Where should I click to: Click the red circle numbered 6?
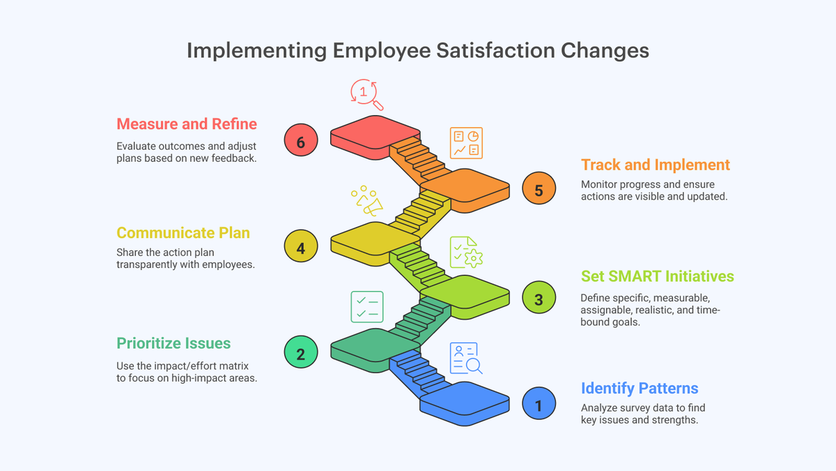[x=301, y=140]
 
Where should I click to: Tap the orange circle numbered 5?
[x=539, y=188]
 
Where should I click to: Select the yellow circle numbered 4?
[x=301, y=246]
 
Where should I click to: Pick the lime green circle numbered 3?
[x=539, y=297]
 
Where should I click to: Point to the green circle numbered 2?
[x=301, y=352]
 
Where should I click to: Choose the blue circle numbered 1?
[x=539, y=403]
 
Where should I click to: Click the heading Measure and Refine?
[x=187, y=124]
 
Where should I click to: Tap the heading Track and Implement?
[x=656, y=165]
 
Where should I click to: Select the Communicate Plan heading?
[x=183, y=233]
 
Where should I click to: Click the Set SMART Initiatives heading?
[x=657, y=276]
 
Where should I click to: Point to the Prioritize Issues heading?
[x=173, y=343]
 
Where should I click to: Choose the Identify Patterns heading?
[x=640, y=389]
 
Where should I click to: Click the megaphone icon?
[x=367, y=201]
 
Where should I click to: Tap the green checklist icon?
[x=367, y=307]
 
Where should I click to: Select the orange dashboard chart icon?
[x=466, y=143]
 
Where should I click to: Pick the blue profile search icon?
[x=466, y=358]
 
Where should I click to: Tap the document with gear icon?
[x=466, y=253]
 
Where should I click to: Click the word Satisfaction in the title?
[x=495, y=50]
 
